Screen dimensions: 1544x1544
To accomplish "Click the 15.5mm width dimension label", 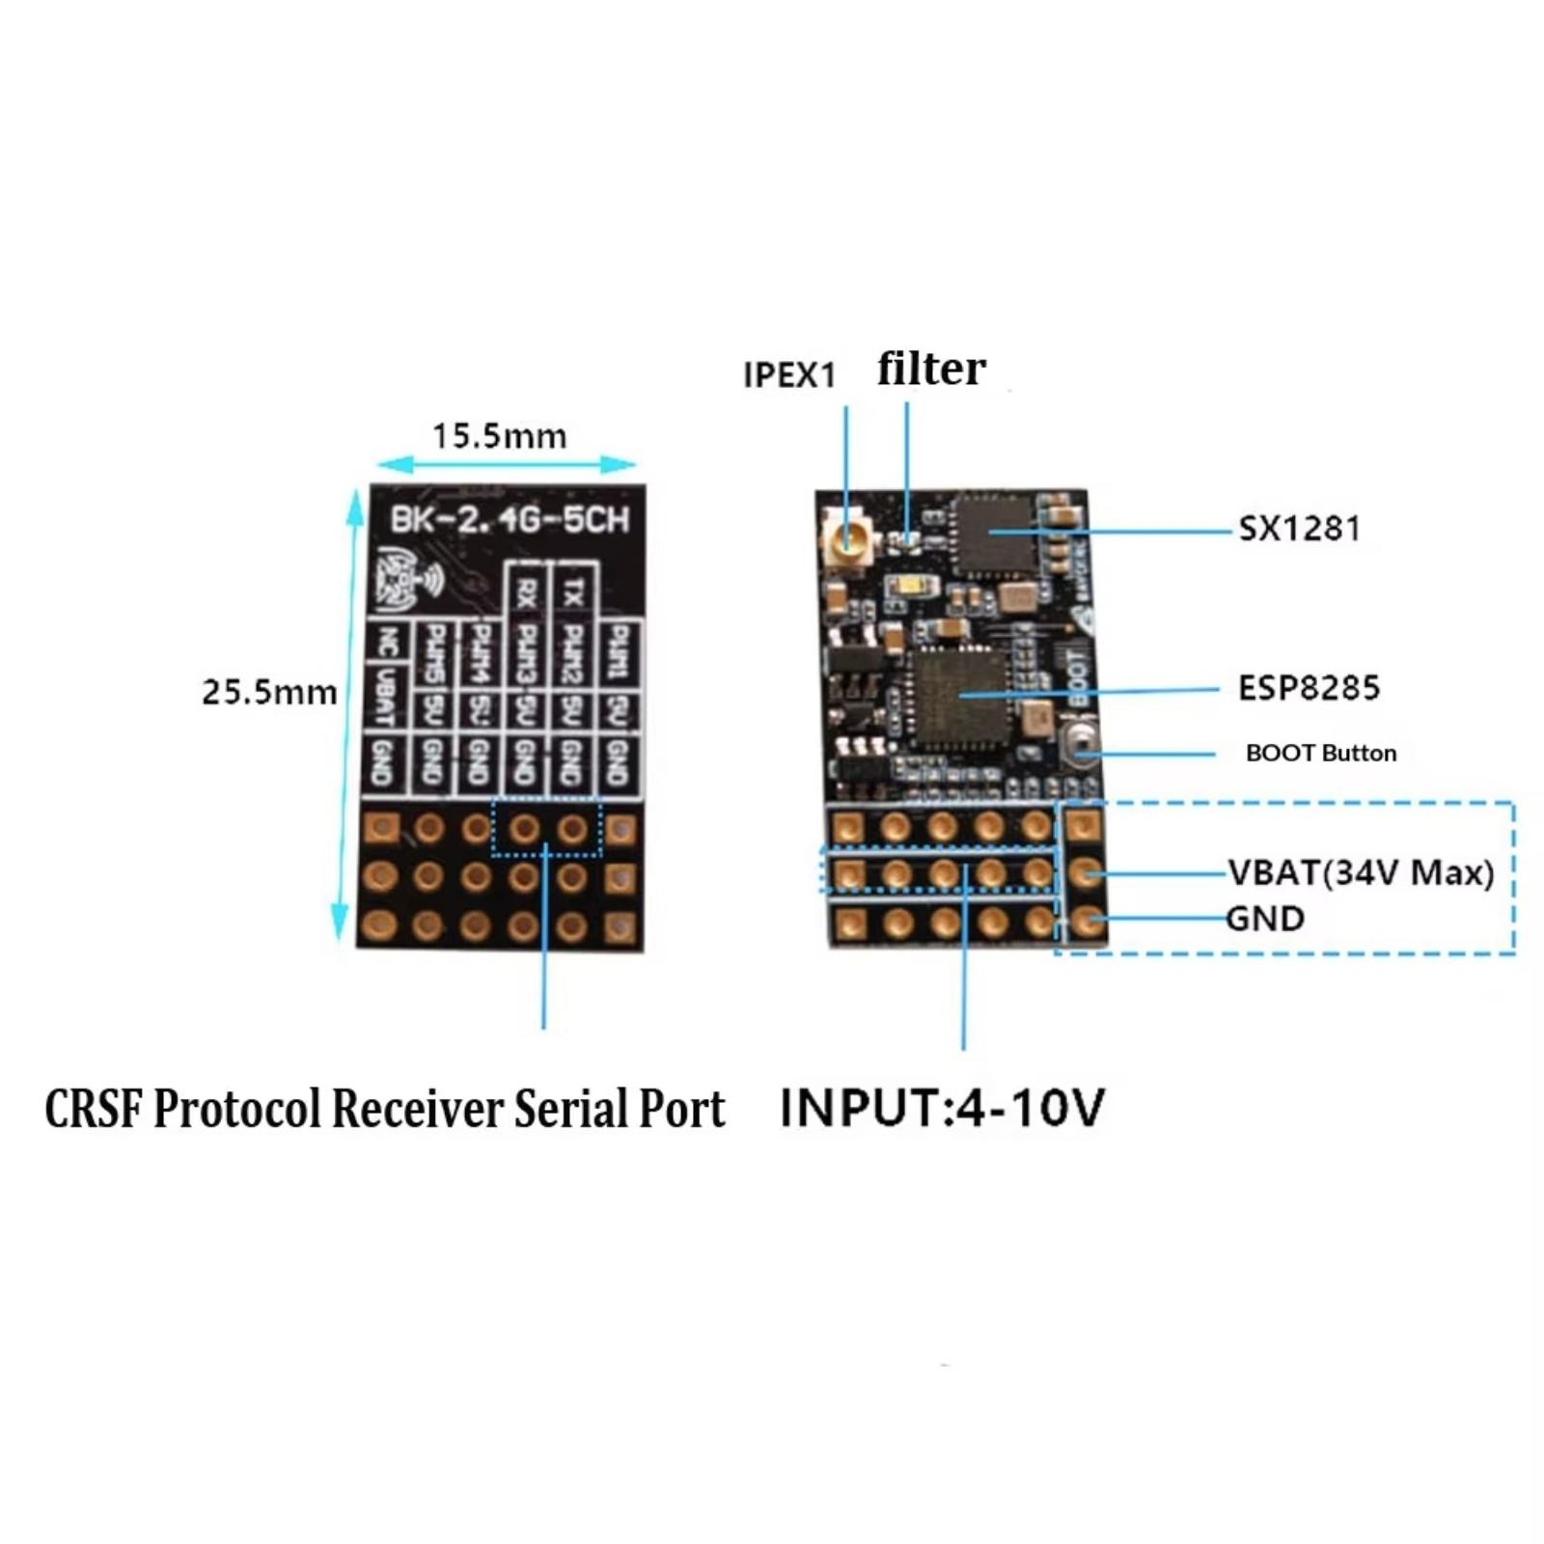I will pos(499,436).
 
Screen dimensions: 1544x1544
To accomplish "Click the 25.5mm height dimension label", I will pos(269,692).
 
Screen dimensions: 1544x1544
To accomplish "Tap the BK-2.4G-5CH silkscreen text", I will pos(509,520).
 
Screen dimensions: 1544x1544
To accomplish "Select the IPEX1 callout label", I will pos(789,375).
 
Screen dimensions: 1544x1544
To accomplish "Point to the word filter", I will pos(931,369).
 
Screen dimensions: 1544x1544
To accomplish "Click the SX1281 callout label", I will pos(1299,529).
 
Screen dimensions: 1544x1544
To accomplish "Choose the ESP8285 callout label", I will pos(1309,688).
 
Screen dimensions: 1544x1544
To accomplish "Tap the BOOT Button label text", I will pos(1320,753).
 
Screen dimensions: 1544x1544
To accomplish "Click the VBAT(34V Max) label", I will pos(1361,872).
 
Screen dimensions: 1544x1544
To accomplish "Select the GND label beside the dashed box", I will pos(1265,918).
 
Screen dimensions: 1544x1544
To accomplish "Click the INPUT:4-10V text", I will pos(942,1107).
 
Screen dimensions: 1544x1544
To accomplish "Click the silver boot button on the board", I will pos(1079,745).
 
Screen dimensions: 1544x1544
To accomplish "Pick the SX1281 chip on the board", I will pos(994,534).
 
